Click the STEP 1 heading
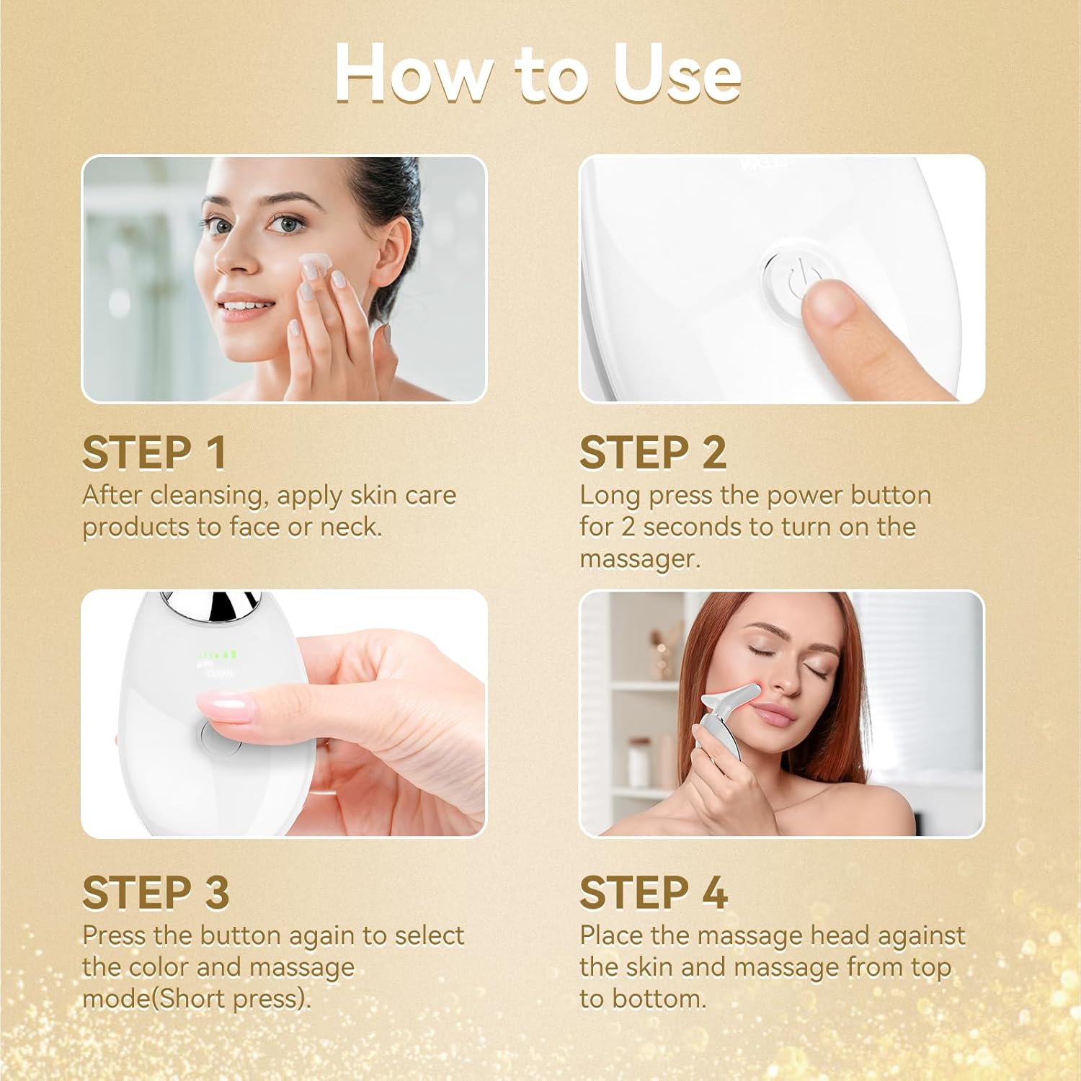pyautogui.click(x=154, y=453)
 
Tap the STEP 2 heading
pyautogui.click(x=653, y=453)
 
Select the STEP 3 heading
pyautogui.click(x=156, y=893)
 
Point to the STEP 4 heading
pyautogui.click(x=654, y=893)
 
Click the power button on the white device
pyautogui.click(x=791, y=277)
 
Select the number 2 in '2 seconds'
pyautogui.click(x=628, y=527)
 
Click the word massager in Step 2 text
pyautogui.click(x=639, y=559)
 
